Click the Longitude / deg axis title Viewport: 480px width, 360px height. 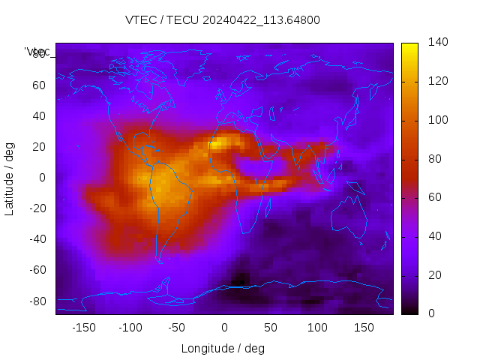[223, 348]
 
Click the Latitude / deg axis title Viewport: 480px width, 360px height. [10, 177]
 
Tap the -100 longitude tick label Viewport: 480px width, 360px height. [130, 328]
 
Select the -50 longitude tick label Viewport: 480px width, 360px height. [176, 328]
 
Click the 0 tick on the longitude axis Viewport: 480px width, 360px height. [223, 328]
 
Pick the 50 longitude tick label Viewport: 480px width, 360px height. [270, 328]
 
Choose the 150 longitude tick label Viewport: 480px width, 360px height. [364, 328]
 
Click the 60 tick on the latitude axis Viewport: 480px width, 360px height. [38, 85]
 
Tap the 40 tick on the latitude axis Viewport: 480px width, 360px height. [38, 115]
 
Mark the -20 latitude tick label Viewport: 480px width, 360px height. [36, 208]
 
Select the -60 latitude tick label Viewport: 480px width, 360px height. [36, 270]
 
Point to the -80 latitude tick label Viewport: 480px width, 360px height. [36, 301]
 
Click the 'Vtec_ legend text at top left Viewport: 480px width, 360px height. [37, 52]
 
